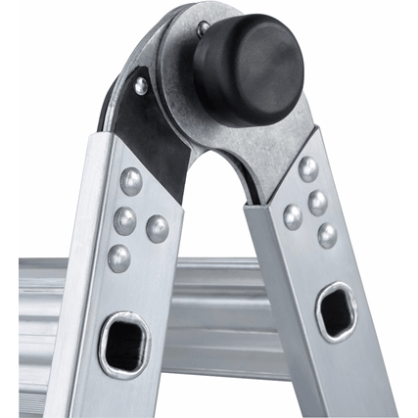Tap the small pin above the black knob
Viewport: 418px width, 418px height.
click(x=202, y=29)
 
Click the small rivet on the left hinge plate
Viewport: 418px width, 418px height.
click(x=142, y=86)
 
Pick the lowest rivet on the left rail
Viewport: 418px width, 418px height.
click(x=118, y=257)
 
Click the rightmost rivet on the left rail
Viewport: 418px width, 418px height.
click(x=157, y=228)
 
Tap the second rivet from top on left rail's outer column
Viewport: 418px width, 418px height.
click(x=124, y=219)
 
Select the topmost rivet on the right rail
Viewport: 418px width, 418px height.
click(x=307, y=168)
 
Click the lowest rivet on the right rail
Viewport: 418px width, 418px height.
click(x=327, y=235)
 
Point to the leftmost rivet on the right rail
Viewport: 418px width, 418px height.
click(x=293, y=215)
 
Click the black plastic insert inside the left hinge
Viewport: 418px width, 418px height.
click(x=157, y=137)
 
